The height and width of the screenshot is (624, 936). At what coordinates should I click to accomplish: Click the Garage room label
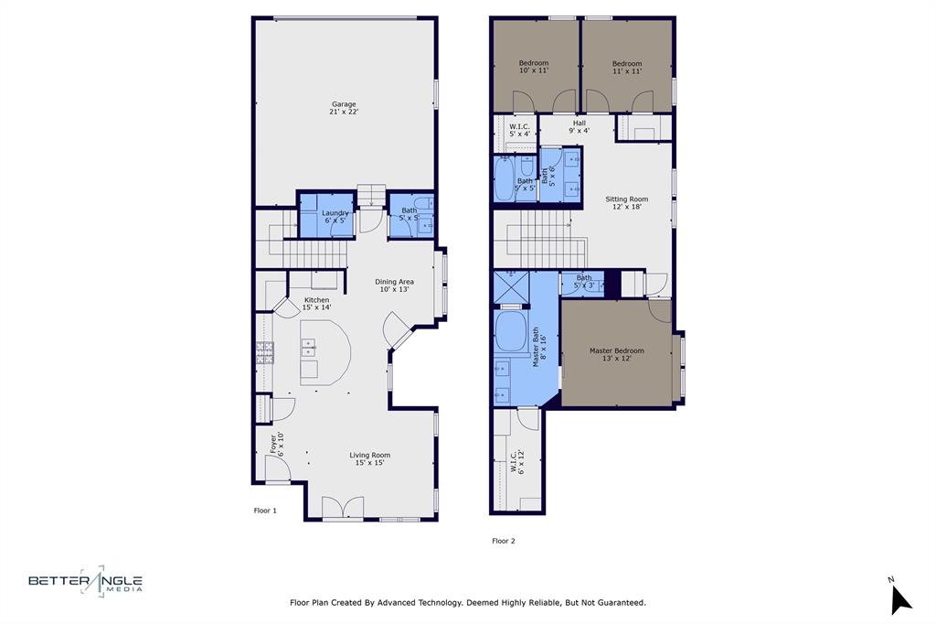click(344, 108)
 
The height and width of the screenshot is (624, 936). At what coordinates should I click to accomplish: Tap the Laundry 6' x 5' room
click(335, 216)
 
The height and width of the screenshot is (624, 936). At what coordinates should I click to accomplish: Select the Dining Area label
click(396, 285)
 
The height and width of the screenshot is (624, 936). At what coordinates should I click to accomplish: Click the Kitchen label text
click(316, 304)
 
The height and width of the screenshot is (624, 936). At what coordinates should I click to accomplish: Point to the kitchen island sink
click(310, 348)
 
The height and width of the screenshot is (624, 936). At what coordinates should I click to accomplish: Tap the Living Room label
click(369, 458)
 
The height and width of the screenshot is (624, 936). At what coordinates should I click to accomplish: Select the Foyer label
click(276, 444)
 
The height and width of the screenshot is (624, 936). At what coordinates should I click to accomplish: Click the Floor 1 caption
click(264, 511)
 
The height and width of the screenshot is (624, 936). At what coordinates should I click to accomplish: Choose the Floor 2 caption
click(503, 541)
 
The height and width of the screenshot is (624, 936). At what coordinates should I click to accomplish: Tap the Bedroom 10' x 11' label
click(533, 67)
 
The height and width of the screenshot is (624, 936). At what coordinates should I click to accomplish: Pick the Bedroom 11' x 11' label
click(626, 67)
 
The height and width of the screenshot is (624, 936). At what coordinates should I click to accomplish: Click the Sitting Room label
click(626, 202)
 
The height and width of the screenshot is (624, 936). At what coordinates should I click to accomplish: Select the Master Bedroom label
click(616, 354)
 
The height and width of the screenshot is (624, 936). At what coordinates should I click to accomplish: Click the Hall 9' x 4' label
click(579, 126)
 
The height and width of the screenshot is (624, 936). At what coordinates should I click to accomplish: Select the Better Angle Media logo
click(85, 581)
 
